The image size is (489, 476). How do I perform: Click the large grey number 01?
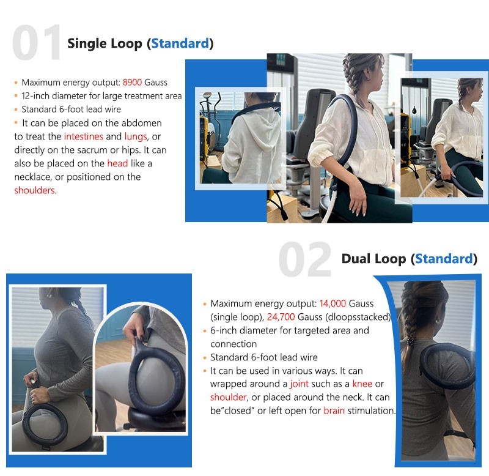point(36,42)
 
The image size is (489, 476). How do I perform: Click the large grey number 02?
point(305,259)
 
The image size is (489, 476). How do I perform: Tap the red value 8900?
point(132,83)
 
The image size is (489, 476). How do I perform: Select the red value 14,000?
point(333,303)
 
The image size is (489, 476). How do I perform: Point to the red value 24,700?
point(281,317)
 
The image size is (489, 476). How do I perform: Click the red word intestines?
point(83,136)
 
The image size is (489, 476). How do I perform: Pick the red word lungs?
point(136,137)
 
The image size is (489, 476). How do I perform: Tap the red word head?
point(117,163)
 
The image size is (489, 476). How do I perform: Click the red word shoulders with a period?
point(35,190)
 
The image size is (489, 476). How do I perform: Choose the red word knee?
point(362,384)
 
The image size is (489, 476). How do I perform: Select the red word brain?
point(334,411)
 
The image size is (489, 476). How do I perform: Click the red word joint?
point(299,384)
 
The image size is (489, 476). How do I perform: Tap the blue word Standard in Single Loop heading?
point(180,43)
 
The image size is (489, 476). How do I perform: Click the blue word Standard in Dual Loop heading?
point(444,259)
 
